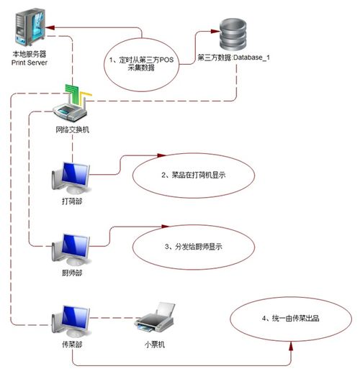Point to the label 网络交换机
pos(72,129)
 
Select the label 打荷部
pos(72,202)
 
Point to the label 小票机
pos(155,345)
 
